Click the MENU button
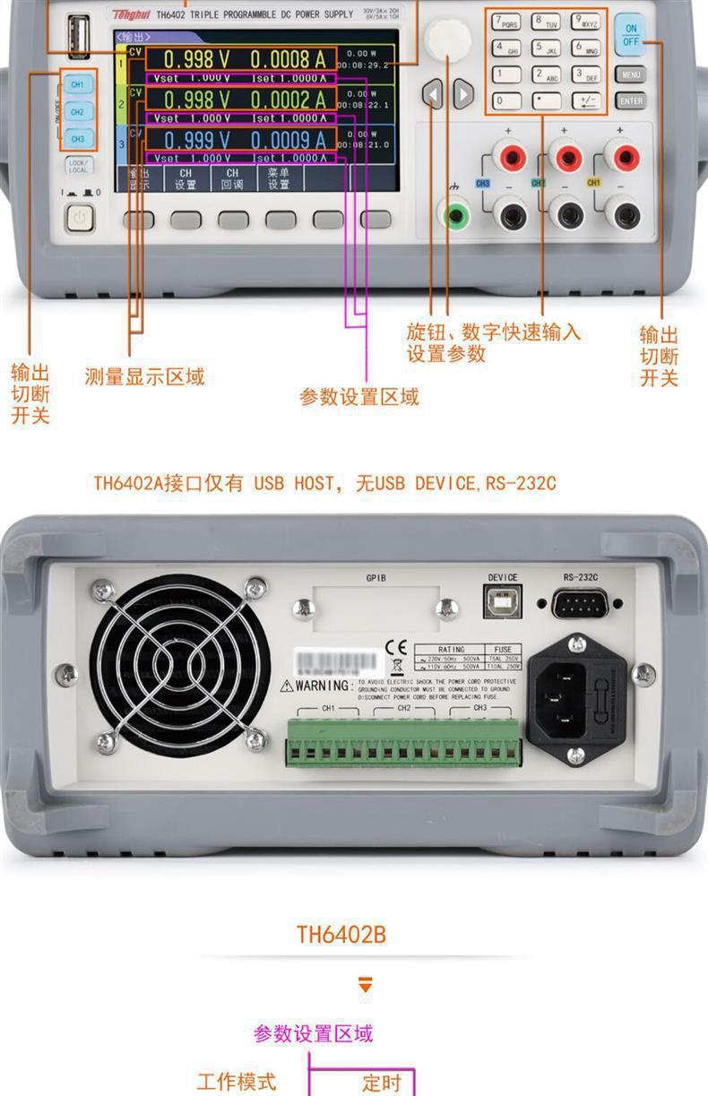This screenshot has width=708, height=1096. click(x=630, y=74)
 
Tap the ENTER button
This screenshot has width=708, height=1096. click(x=630, y=101)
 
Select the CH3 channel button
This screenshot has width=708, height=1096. click(x=77, y=139)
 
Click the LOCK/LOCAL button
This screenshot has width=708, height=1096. click(x=78, y=166)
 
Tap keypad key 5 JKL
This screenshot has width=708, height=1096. click(x=546, y=48)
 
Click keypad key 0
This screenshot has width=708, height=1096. click(x=505, y=100)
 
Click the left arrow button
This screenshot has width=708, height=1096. click(x=433, y=92)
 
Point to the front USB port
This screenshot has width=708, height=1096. click(x=78, y=39)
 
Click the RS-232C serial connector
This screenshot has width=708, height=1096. click(x=580, y=603)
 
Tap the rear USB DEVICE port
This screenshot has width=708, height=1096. click(x=502, y=602)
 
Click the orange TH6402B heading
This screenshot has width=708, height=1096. click(x=341, y=935)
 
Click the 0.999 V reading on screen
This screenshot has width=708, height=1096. click(x=196, y=140)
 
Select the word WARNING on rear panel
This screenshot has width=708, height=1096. click(x=322, y=686)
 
